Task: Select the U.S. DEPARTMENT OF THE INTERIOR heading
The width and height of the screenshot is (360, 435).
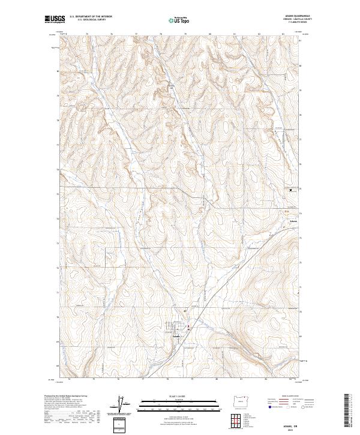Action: pyautogui.click(x=91, y=16)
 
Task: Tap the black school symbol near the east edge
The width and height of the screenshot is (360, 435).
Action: pyautogui.click(x=291, y=190)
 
